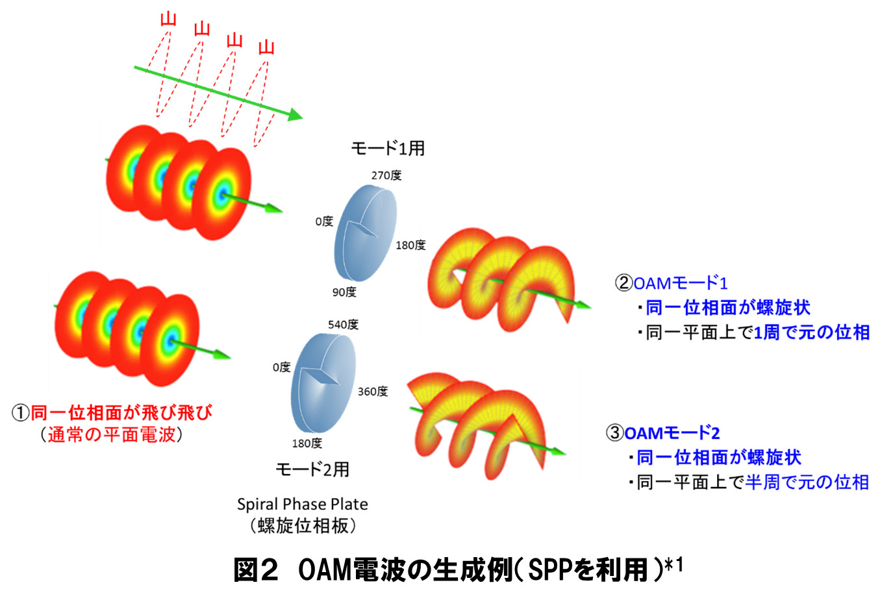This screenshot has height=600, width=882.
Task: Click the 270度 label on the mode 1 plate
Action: (386, 175)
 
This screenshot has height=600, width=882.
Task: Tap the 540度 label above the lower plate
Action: (343, 325)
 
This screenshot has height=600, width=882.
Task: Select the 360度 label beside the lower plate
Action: (373, 392)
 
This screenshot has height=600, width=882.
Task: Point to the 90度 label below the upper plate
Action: (344, 292)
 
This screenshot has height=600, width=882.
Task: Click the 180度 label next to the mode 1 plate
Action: (410, 245)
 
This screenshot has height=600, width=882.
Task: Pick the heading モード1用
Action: (388, 149)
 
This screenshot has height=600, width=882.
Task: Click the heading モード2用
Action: (312, 469)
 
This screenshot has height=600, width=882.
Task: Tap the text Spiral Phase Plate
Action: (302, 505)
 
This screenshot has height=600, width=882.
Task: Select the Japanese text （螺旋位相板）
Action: (303, 526)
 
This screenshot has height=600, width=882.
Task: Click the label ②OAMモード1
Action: (672, 283)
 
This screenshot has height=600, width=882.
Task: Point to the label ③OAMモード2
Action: (663, 433)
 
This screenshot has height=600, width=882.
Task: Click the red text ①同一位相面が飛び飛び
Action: (112, 412)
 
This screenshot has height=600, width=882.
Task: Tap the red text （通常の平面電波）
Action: (111, 434)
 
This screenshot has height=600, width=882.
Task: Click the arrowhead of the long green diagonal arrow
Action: (296, 116)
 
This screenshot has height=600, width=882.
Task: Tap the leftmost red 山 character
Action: (168, 18)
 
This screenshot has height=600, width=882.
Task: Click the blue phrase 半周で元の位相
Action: (807, 482)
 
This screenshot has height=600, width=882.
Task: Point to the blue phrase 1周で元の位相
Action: (811, 332)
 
